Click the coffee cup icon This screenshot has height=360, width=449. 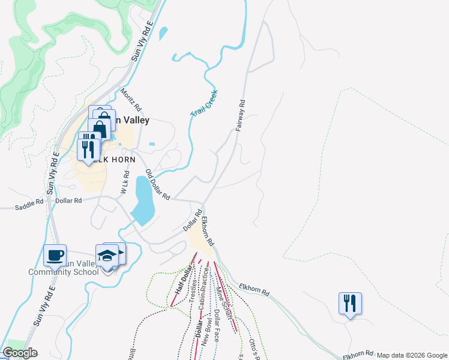tap(55, 255)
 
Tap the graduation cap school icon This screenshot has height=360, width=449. tap(107, 256)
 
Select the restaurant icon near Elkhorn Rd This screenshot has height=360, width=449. tap(350, 302)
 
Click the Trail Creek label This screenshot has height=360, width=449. tap(203, 104)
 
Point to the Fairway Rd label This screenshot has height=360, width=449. tap(240, 116)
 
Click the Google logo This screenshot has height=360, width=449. tap(20, 353)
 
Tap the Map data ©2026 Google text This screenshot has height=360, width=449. tap(411, 355)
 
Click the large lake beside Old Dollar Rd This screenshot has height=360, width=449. tap(144, 199)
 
